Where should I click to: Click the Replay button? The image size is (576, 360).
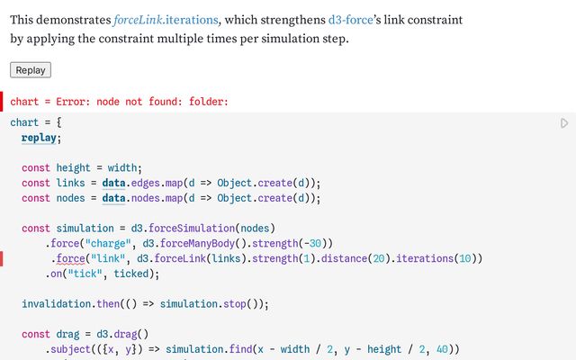[31, 70]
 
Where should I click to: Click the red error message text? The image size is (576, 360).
[120, 102]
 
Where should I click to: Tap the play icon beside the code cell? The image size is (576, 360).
[564, 123]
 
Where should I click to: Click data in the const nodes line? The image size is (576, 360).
[114, 198]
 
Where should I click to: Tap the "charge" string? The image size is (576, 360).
[109, 243]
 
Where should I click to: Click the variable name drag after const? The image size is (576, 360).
[71, 334]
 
